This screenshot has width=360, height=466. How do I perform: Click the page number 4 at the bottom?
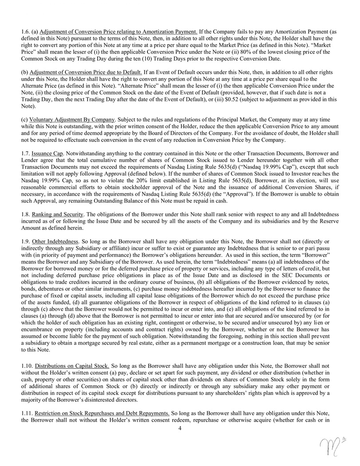(180, 428)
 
